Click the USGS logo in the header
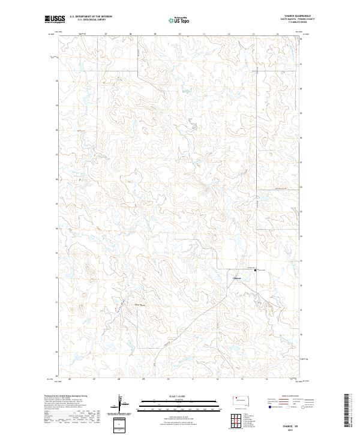(x=55, y=20)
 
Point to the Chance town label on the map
(x=236, y=278)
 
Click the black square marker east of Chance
(x=256, y=271)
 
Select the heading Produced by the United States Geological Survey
(x=64, y=397)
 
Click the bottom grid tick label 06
(x=70, y=379)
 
